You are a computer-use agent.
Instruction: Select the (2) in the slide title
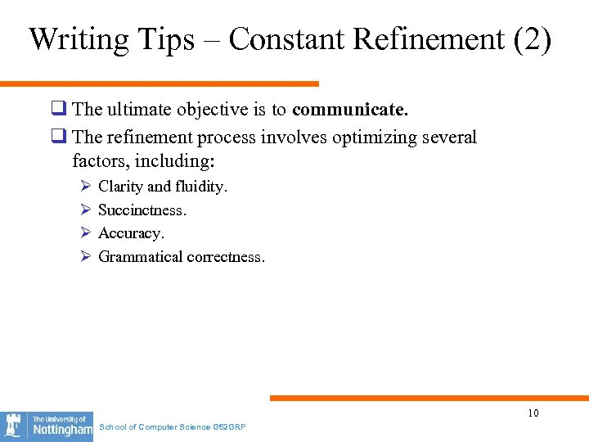[x=533, y=40]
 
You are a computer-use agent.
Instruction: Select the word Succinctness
[x=142, y=210]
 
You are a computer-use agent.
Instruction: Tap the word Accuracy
[x=131, y=233]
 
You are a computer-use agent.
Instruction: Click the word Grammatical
[x=140, y=257]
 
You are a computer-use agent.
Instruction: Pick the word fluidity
[x=201, y=187]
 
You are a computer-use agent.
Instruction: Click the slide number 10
[x=533, y=413]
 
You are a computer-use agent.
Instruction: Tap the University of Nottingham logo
[x=47, y=426]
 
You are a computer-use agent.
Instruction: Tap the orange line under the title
[x=160, y=83]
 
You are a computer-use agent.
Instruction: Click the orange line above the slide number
[x=429, y=398]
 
